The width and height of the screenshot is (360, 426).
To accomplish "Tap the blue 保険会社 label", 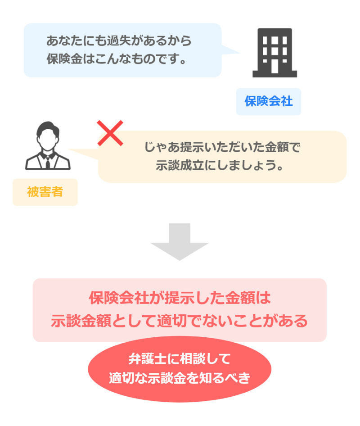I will click(268, 101).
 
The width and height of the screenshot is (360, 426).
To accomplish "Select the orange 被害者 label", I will click(45, 192).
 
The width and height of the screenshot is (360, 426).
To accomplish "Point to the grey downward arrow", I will click(180, 241).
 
